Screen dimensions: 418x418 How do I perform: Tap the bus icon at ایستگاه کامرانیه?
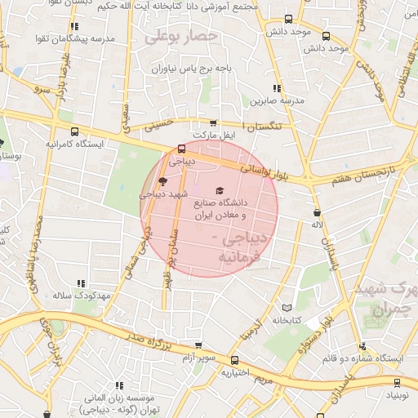[x=75, y=131]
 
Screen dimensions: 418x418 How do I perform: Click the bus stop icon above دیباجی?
[x=180, y=149]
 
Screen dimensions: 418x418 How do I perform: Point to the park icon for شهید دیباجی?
[x=162, y=181]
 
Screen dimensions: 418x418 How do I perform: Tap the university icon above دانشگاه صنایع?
[x=218, y=189]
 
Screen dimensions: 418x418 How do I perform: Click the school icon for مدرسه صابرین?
[x=277, y=88]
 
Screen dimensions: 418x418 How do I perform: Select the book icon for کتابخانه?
[x=286, y=308]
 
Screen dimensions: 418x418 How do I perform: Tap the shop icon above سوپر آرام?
[x=198, y=345]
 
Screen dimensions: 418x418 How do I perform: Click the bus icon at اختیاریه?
[x=235, y=360]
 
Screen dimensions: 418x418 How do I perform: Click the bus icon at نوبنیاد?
[x=398, y=382]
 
